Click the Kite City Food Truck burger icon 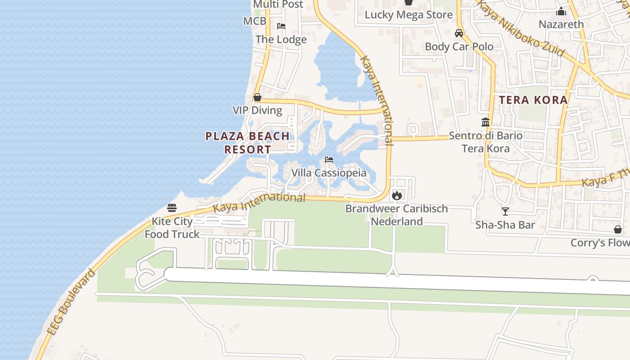point(172,207)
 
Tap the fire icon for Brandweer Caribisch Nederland point(396,195)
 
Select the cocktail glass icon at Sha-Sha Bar point(505,211)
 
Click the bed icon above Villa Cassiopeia point(329,160)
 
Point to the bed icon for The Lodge point(281,26)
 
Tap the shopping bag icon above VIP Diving point(257,97)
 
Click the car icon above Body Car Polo point(459,33)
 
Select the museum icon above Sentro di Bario point(486,122)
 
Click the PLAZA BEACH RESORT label point(247,143)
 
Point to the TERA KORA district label point(534,100)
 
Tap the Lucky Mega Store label point(409,15)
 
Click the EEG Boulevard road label point(72,301)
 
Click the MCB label point(255,21)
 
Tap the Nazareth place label point(561,24)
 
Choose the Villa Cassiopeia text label point(328,173)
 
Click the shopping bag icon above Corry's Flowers point(618,229)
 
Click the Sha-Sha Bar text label point(505,225)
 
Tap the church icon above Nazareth point(561,11)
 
